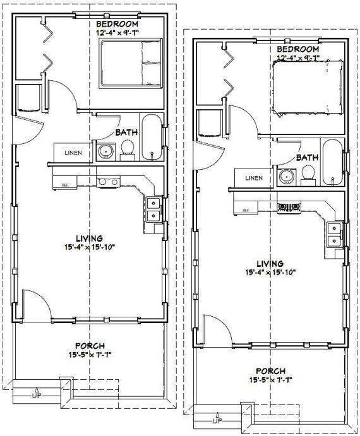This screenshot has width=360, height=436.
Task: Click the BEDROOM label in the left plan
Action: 117,24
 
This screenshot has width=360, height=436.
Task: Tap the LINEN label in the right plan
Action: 254,178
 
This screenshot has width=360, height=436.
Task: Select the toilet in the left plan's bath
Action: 128,150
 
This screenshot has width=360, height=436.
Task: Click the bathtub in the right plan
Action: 332,162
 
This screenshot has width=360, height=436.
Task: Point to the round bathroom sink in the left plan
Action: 106,152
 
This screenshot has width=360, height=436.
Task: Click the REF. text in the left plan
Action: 65,185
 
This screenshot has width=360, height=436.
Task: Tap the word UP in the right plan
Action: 217,421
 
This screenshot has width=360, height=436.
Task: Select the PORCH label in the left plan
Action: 90,346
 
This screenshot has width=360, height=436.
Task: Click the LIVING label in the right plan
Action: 270,264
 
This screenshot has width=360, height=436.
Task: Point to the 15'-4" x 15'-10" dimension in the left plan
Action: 90,247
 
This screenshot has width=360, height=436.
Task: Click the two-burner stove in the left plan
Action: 108,182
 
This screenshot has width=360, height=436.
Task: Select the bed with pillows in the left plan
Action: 131,63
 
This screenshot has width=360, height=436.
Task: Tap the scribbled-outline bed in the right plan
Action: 308,87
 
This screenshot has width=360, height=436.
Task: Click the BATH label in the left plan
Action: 127,133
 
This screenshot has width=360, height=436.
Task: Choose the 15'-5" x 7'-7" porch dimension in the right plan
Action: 270,380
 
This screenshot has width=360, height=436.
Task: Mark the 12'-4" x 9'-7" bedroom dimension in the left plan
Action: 117,33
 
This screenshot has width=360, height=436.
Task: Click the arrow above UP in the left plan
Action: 36,389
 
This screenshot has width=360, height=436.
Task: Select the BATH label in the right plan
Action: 307,158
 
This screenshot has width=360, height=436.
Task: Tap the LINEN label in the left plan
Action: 73,153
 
